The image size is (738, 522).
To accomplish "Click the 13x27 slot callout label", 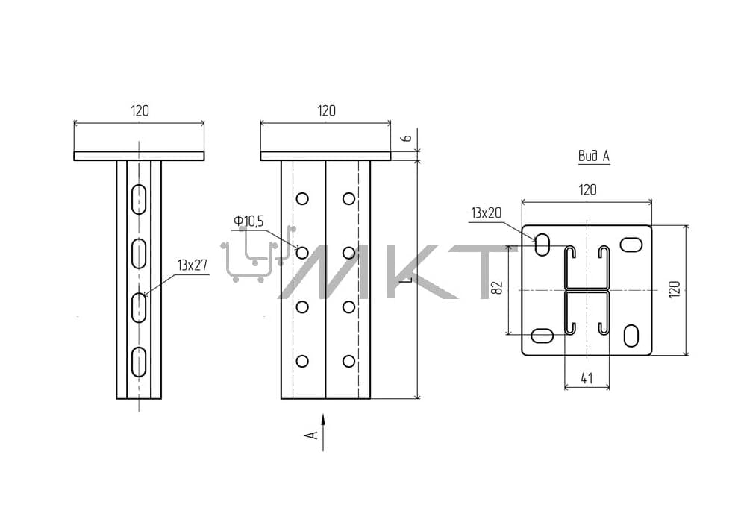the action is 192,265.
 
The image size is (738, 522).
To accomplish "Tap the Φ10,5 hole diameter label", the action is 248,221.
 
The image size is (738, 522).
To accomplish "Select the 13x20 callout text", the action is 487,213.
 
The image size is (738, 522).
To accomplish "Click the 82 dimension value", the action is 497,287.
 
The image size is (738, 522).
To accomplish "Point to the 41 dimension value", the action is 587,377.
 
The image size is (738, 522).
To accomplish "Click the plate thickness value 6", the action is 407,138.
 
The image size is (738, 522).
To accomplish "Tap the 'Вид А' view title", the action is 594,156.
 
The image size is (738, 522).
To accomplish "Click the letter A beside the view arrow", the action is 312,435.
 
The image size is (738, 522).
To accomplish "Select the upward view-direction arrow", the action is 323,433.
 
